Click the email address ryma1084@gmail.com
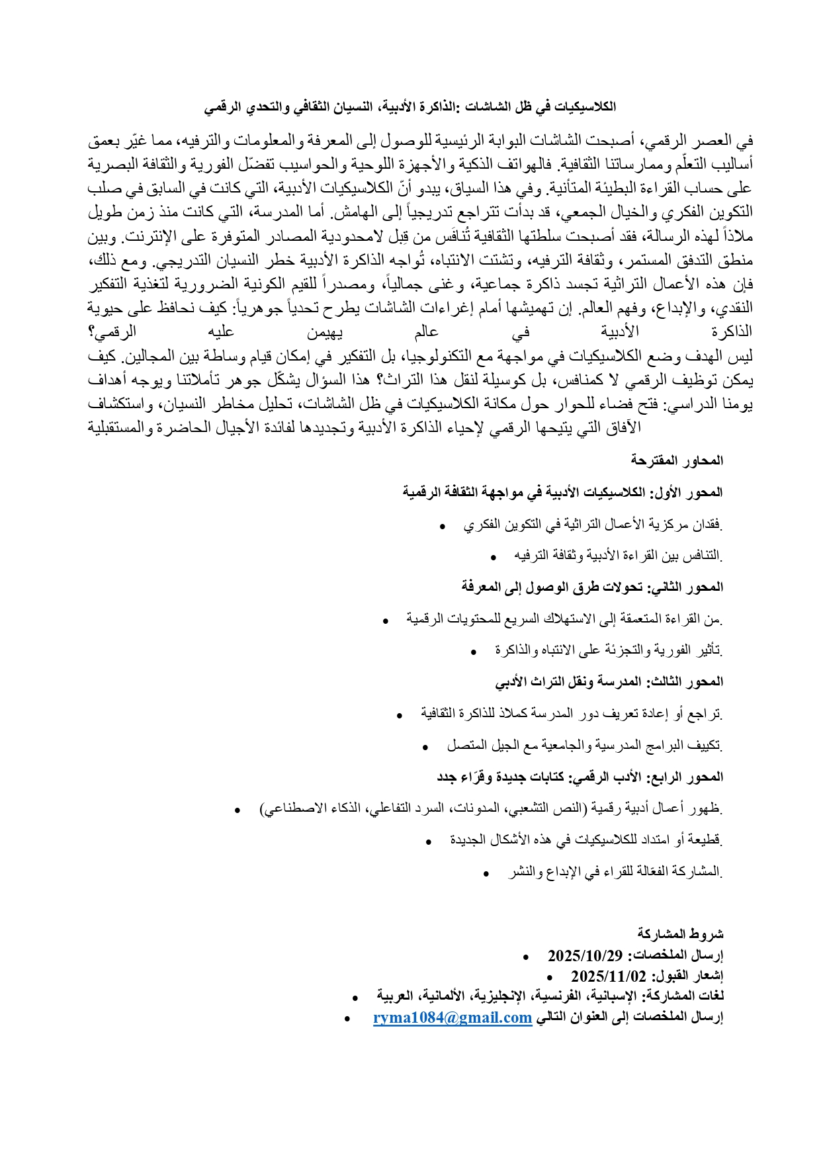point(453,1017)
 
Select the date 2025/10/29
point(585,956)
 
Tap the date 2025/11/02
point(608,976)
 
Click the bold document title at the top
point(410,107)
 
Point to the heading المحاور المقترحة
point(677,460)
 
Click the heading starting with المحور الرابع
point(580,777)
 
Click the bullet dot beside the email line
point(347,1019)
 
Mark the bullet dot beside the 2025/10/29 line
point(525,957)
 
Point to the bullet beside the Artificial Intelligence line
point(238,810)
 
